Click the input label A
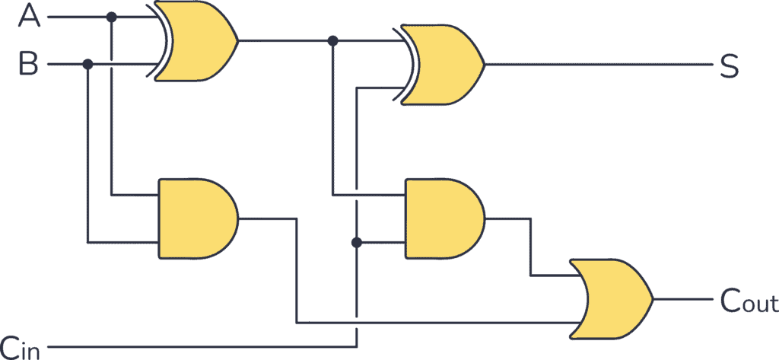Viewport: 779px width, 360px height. point(30,17)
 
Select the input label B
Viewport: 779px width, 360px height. point(29,65)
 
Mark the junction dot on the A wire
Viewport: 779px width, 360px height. point(112,17)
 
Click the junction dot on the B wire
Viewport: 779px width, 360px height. point(88,65)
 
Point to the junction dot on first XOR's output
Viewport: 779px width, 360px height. point(332,40)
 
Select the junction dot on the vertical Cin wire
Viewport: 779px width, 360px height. point(356,243)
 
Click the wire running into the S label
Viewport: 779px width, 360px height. point(593,65)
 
